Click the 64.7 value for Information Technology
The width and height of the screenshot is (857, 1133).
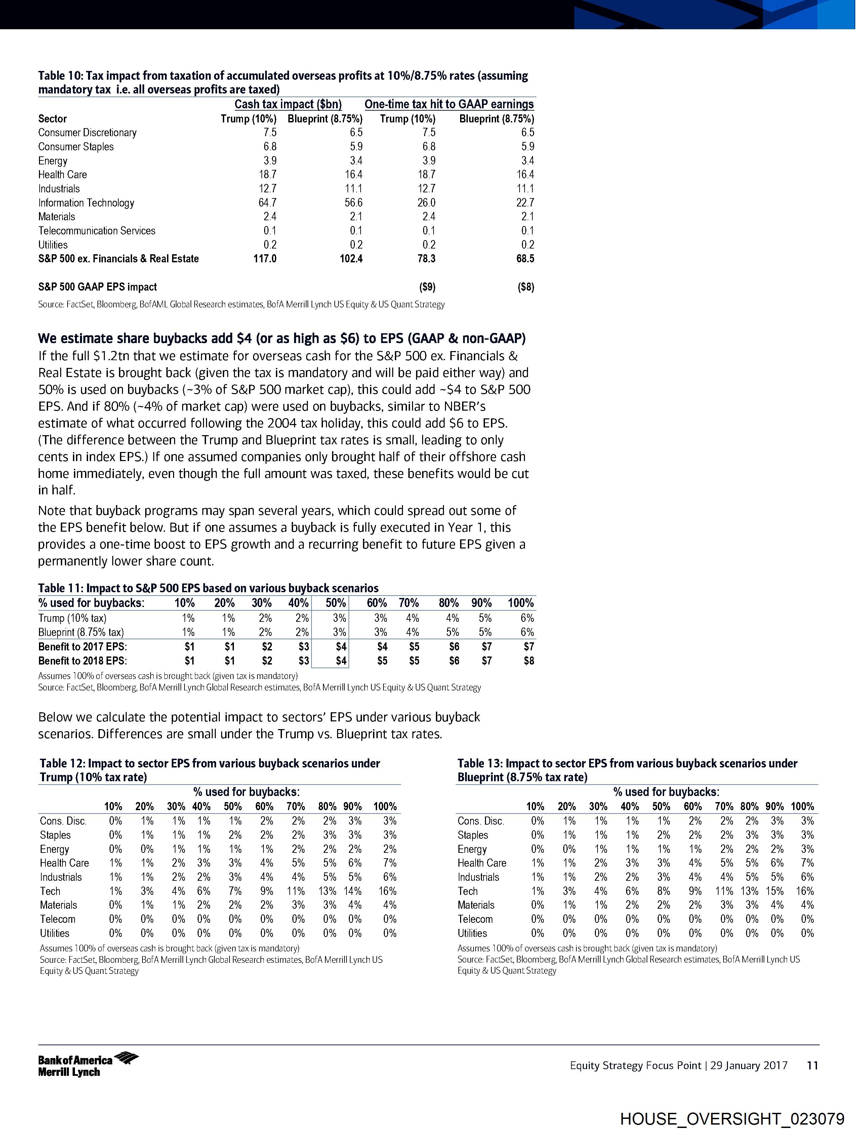coord(267,203)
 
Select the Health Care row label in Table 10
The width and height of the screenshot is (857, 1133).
coord(63,175)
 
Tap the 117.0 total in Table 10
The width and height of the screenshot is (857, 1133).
coord(265,259)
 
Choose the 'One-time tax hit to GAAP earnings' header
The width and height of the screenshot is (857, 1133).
coord(449,105)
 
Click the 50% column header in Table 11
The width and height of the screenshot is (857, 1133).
coord(336,603)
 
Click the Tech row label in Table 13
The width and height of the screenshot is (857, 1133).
coord(467,891)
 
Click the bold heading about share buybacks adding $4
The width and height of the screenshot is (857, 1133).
coord(282,339)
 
